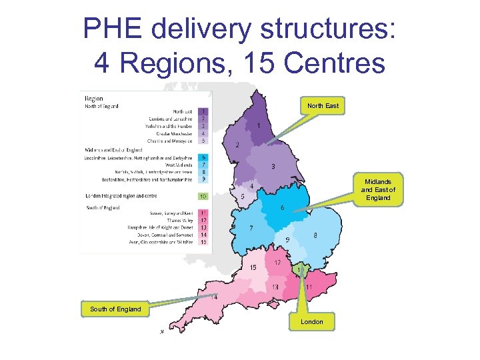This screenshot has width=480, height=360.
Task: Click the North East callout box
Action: coord(323,106)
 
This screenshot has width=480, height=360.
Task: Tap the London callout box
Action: coord(311,322)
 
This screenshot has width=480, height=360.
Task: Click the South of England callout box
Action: coord(115,309)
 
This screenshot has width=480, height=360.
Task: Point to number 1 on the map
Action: coord(258,125)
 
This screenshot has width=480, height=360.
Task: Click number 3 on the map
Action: coord(273,166)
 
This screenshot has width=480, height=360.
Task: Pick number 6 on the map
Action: coord(283,208)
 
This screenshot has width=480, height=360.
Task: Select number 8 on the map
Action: coord(315,235)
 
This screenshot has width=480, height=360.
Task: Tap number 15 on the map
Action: coord(253,267)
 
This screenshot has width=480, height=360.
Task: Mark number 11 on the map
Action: coord(309,287)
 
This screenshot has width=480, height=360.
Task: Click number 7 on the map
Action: coord(251,228)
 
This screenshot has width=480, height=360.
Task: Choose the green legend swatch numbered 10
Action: coord(203,197)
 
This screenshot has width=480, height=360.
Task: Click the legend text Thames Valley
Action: coord(179,220)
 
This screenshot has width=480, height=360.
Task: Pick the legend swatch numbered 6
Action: coord(203,157)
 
